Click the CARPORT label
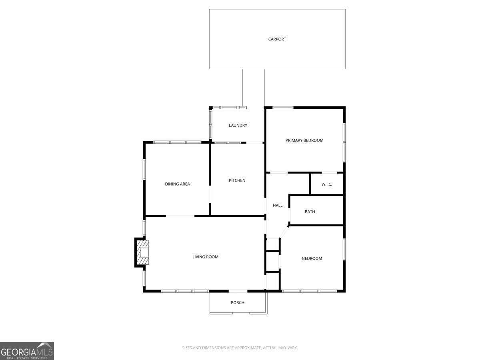pyautogui.click(x=277, y=39)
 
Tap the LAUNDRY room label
pyautogui.click(x=238, y=126)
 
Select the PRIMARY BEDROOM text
pyautogui.click(x=304, y=140)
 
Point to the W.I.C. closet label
pyautogui.click(x=327, y=184)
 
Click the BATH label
pyautogui.click(x=310, y=212)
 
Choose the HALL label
pyautogui.click(x=278, y=206)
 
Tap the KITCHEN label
pyautogui.click(x=237, y=180)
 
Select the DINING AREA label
pyautogui.click(x=177, y=184)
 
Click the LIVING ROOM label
pyautogui.click(x=206, y=257)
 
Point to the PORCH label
pyautogui.click(x=238, y=302)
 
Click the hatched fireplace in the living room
pyautogui.click(x=142, y=253)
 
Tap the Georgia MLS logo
pyautogui.click(x=27, y=351)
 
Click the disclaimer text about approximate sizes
pyautogui.click(x=240, y=348)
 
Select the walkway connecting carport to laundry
pyautogui.click(x=254, y=88)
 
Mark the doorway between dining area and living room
pyautogui.click(x=180, y=216)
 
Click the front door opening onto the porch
pyautogui.click(x=238, y=291)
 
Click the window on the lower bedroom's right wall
pyautogui.click(x=344, y=250)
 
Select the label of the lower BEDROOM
pyautogui.click(x=312, y=258)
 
